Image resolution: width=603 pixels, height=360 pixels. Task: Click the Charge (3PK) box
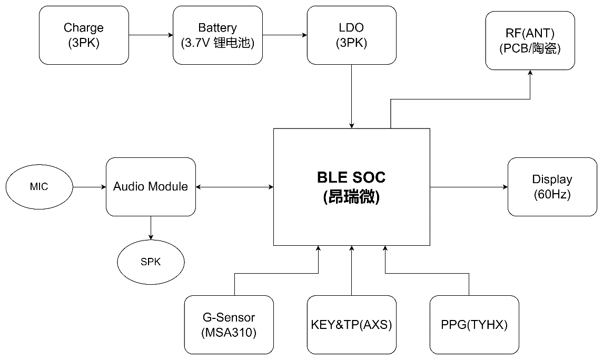84,35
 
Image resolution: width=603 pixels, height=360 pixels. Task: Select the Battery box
218,35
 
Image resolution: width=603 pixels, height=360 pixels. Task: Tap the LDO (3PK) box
351,35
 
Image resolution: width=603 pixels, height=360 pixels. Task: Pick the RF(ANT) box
530,41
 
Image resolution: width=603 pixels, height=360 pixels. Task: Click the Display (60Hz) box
552,187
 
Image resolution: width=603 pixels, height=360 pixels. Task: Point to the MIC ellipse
39,187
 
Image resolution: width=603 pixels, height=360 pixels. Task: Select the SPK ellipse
151,262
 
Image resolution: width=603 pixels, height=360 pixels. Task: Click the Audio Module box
151,187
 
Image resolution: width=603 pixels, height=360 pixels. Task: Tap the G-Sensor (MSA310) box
229,325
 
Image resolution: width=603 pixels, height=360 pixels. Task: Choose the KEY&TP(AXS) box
351,325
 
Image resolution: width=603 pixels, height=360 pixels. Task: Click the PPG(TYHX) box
474,325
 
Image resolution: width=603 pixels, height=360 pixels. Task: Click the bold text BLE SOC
351,177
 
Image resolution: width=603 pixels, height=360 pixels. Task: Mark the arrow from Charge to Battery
151,35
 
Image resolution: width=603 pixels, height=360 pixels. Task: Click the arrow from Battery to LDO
284,35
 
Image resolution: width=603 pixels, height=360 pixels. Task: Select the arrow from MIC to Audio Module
90,187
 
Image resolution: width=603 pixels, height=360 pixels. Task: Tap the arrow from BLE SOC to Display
469,187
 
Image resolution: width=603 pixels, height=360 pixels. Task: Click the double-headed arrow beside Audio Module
234,187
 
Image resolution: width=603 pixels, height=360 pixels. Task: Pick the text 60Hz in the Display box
552,195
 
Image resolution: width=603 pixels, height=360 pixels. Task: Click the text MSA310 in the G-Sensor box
229,333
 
